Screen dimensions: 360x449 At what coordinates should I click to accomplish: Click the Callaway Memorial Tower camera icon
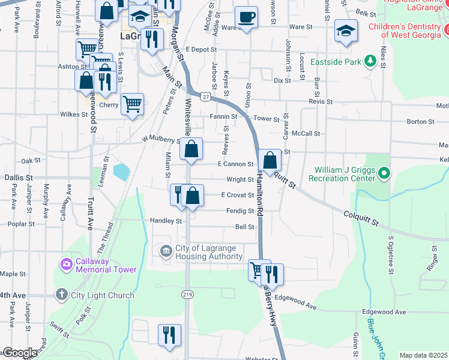[66, 263]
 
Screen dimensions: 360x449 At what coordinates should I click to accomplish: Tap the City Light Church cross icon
[61, 295]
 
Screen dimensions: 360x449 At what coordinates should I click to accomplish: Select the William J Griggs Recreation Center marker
[385, 173]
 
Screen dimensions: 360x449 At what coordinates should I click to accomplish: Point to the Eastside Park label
[361, 62]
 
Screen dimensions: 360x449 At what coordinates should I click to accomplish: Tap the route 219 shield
[188, 293]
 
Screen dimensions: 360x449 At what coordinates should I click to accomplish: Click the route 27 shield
[206, 97]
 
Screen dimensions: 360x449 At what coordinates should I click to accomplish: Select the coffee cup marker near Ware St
[246, 17]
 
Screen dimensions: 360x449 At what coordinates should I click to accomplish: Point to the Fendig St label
[240, 211]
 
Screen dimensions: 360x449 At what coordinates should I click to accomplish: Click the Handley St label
[166, 221]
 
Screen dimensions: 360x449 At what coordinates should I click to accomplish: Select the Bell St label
[245, 227]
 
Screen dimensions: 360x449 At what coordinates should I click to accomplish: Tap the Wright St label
[240, 179]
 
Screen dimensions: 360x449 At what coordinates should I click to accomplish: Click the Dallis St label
[17, 178]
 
